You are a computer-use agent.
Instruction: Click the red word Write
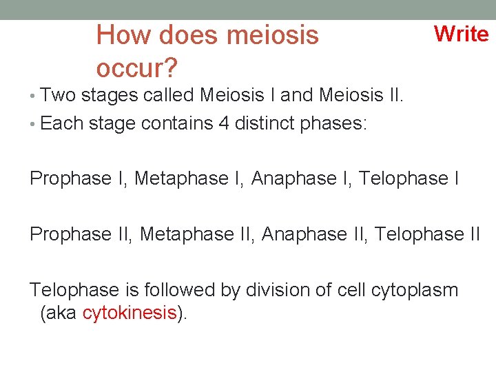pyautogui.click(x=461, y=33)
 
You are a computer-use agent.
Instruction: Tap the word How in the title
pyautogui.click(x=119, y=34)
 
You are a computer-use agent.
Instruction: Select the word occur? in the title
pyautogui.click(x=137, y=68)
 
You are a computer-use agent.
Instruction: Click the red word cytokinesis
pyautogui.click(x=130, y=313)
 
